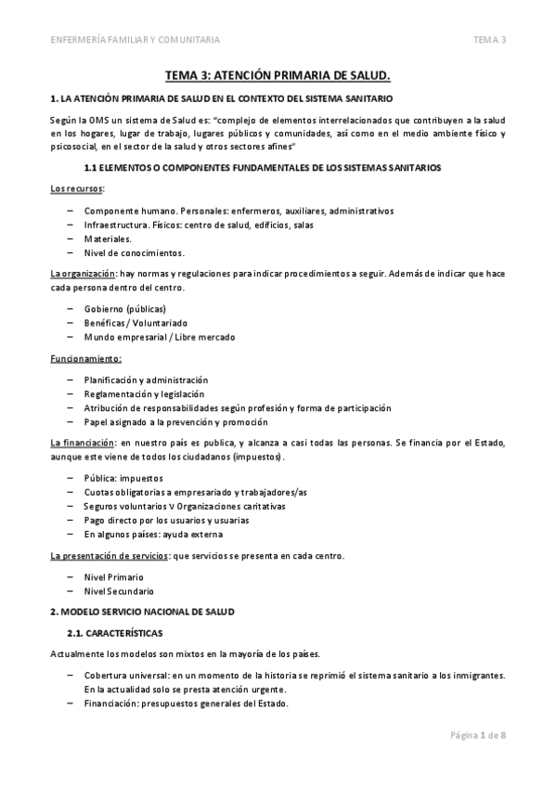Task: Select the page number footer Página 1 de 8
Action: (x=479, y=735)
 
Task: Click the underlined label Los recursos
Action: (x=77, y=188)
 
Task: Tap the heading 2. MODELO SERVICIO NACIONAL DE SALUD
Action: (x=143, y=613)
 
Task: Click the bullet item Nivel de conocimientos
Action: (x=134, y=252)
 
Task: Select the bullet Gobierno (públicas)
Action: (x=124, y=308)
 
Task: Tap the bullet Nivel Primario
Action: (x=113, y=576)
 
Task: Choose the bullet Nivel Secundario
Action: (x=119, y=590)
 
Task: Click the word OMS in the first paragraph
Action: (x=101, y=120)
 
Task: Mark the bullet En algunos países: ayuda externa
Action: (x=152, y=534)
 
